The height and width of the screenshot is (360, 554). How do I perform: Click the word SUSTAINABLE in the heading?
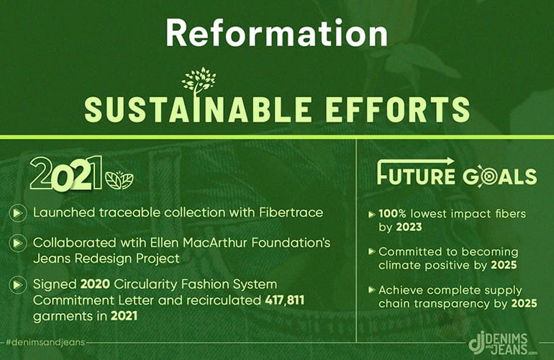click(198, 109)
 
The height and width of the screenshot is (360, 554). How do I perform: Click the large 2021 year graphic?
click(66, 174)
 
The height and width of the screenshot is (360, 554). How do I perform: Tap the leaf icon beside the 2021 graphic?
click(119, 180)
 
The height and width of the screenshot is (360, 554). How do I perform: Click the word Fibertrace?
click(291, 212)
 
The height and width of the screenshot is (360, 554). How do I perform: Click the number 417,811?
click(284, 300)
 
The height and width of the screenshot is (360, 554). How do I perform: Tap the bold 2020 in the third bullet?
click(95, 284)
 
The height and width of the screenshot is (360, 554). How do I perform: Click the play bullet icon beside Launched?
click(17, 213)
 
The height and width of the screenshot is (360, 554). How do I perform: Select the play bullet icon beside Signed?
click(17, 285)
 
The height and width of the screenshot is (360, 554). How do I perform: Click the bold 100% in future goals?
click(393, 214)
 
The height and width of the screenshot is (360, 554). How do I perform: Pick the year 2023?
click(409, 227)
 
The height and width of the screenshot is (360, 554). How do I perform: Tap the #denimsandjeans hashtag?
click(45, 342)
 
